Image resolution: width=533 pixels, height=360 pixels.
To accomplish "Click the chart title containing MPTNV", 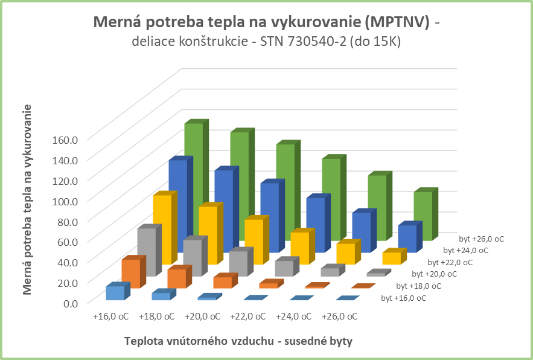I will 266,23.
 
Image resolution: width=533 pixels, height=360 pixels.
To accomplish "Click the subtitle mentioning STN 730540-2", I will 266,42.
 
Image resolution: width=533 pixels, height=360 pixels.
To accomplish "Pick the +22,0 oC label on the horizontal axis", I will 247,316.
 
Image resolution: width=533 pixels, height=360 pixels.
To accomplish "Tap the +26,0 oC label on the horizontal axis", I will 339,316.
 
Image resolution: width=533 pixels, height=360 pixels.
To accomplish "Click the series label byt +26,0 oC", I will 481,239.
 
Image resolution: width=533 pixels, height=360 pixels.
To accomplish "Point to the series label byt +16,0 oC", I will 404,298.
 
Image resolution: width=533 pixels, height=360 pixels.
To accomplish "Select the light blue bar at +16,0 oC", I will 115,292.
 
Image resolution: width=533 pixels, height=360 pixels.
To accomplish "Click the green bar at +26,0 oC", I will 423,216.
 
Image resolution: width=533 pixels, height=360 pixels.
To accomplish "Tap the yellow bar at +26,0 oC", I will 391,258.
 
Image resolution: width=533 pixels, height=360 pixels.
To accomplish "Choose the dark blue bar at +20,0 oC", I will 269,217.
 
